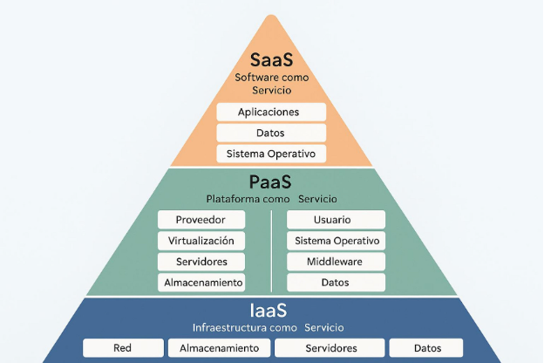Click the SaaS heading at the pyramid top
(271, 61)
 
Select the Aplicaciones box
(270, 113)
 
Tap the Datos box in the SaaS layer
(270, 134)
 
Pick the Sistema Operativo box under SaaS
(270, 154)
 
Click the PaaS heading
(270, 182)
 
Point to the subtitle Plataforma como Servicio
(270, 198)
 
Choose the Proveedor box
(201, 220)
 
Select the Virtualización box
(201, 241)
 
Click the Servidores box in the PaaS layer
(201, 262)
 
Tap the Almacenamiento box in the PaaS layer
(201, 283)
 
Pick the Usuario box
(336, 220)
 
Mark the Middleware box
(336, 262)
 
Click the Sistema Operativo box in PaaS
(336, 241)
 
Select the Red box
(122, 348)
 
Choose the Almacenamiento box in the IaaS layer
(219, 348)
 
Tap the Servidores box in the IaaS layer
(330, 348)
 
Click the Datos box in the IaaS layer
(427, 348)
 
